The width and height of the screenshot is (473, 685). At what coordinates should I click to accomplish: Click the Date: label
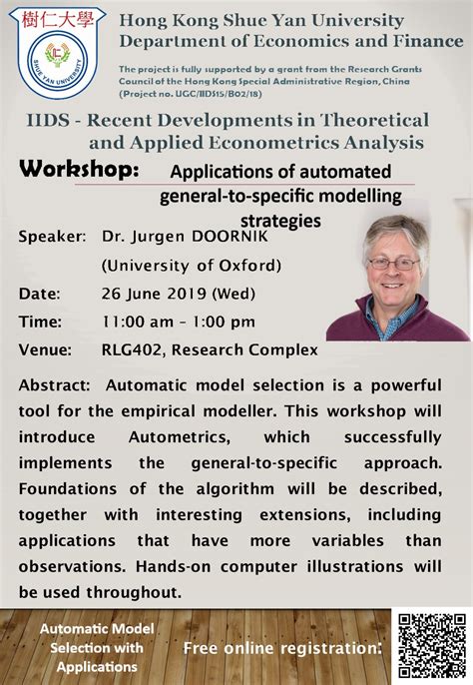(40, 294)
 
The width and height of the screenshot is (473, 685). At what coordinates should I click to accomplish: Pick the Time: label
(40, 322)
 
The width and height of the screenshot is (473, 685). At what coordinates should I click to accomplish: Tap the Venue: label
(45, 349)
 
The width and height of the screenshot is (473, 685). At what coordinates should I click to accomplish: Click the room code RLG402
(134, 349)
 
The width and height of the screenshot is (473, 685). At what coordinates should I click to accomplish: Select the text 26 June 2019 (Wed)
(179, 294)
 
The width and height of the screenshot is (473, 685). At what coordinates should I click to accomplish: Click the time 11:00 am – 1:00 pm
(179, 322)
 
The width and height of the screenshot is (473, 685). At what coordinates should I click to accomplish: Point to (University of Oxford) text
(191, 266)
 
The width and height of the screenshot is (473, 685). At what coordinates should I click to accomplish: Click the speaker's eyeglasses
(394, 263)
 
